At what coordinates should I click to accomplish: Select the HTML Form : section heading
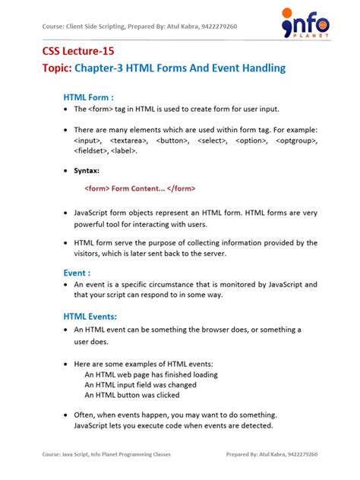tap(88, 97)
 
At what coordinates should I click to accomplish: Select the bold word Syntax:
tap(87, 171)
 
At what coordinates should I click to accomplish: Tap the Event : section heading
tap(77, 273)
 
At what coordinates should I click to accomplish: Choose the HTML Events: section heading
tap(90, 315)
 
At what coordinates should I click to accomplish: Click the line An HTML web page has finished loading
tap(151, 374)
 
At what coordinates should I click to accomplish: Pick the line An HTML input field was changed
tap(141, 385)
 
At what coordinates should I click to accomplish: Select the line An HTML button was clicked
tap(131, 395)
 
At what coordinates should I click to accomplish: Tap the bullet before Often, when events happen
tap(66, 415)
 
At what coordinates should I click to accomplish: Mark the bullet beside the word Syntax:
tap(66, 171)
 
